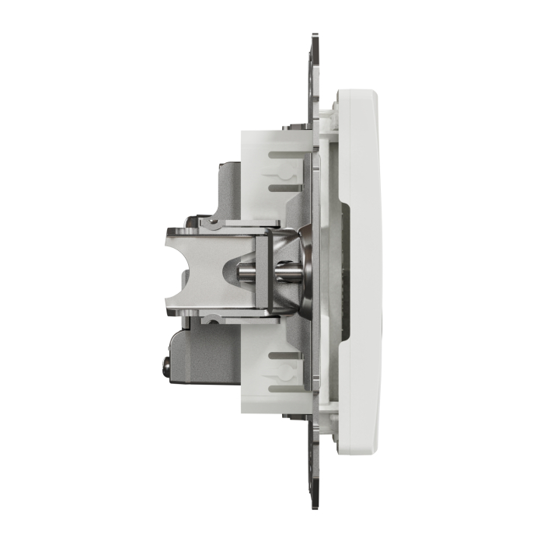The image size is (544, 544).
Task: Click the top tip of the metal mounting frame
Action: tap(316, 37)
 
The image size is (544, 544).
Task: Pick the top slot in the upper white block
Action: tap(284, 156)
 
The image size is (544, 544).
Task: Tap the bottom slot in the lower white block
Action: tap(284, 387)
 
